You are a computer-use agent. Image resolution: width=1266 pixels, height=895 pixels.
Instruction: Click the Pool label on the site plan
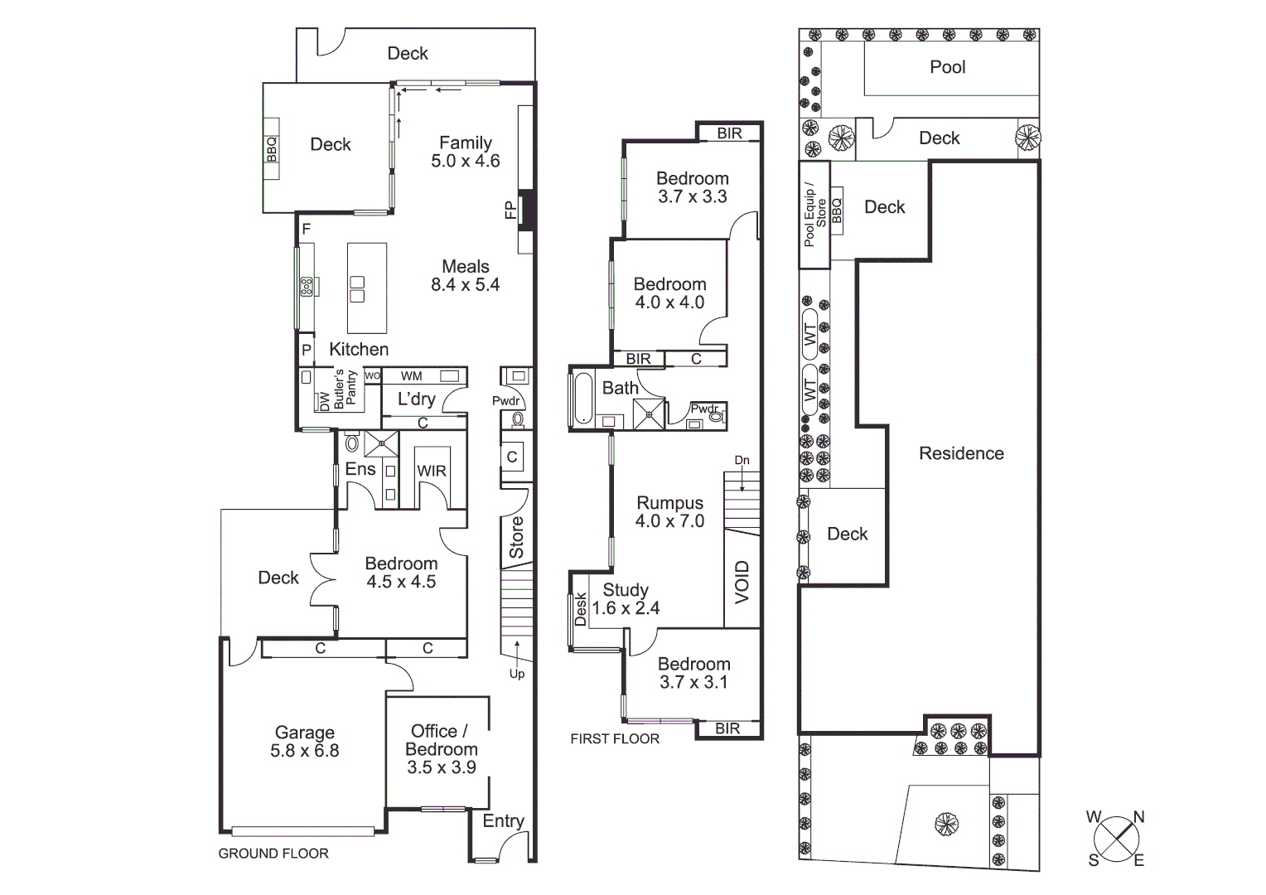point(947,67)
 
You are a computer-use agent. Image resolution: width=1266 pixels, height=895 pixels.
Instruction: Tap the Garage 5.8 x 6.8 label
point(304,742)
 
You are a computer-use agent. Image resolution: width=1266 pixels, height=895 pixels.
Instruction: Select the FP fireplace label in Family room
point(510,210)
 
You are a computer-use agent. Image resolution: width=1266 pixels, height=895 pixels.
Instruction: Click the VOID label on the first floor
point(742,581)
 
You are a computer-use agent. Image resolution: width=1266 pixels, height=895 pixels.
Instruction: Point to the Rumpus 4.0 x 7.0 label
point(669,512)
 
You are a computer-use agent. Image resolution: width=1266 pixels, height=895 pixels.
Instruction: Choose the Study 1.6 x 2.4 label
point(626,599)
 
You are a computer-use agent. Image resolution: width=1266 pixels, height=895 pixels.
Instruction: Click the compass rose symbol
point(1116,838)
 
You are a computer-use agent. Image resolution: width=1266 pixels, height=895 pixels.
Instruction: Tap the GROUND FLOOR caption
point(273,854)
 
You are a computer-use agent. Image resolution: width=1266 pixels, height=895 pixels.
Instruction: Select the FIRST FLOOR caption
point(615,739)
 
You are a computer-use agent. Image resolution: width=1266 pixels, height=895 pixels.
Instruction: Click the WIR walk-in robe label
point(431,471)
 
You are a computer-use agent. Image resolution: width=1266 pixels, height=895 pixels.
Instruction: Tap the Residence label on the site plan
point(961,453)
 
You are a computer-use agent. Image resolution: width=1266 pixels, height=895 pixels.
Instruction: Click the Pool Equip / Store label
point(815,215)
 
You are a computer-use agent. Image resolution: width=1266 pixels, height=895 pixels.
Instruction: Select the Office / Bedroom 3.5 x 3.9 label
point(441,749)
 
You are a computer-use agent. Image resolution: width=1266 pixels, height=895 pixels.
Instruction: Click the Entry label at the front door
point(503,820)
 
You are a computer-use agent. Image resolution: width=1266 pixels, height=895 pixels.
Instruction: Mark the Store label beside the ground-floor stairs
point(516,538)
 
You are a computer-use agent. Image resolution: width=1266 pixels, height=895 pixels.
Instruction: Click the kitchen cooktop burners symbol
point(307,287)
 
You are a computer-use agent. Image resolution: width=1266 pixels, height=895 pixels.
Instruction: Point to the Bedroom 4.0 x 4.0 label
point(669,293)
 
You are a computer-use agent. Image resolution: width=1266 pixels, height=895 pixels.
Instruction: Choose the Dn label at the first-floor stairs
point(742,461)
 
